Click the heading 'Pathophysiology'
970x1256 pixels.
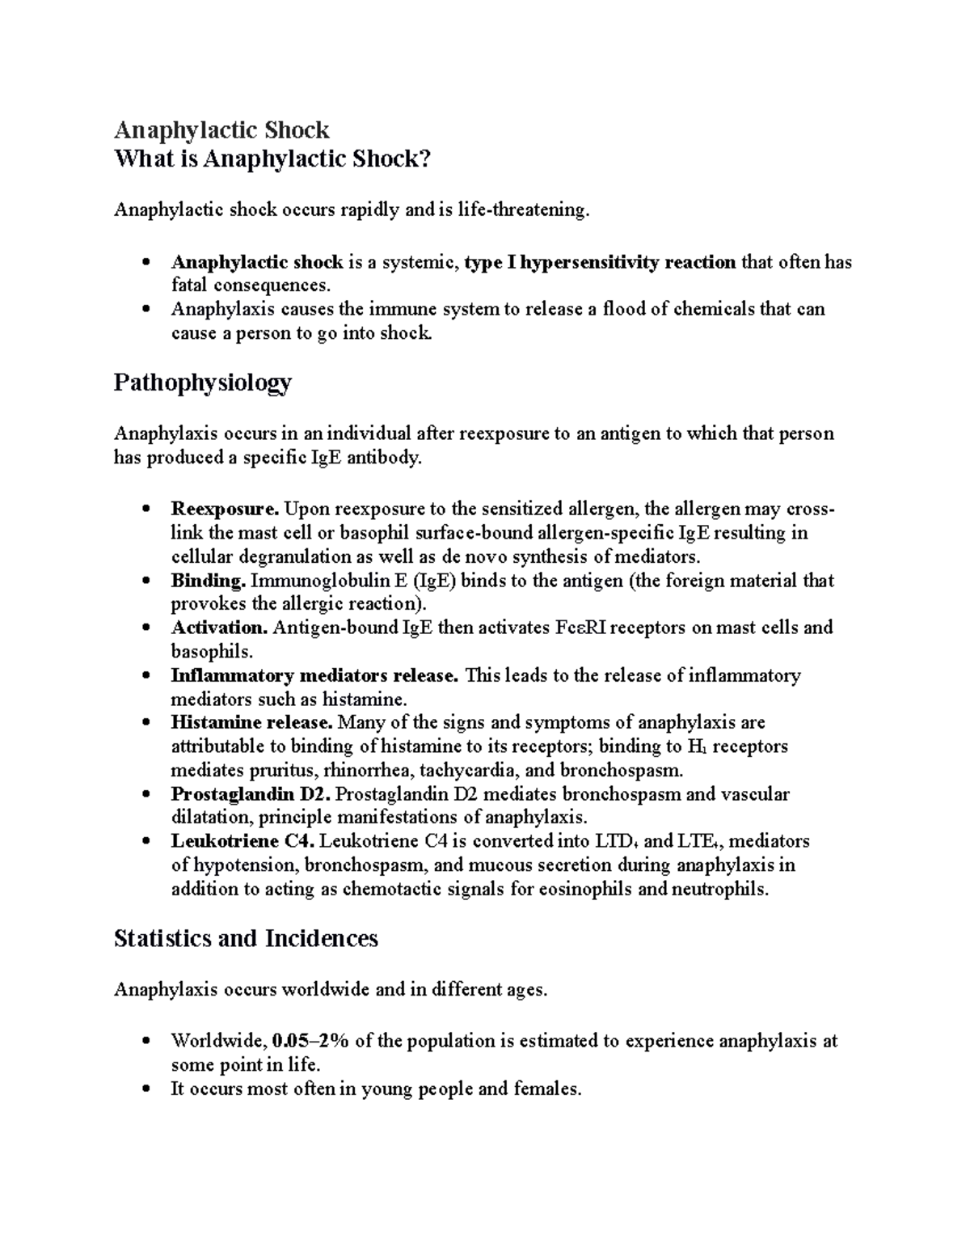point(202,383)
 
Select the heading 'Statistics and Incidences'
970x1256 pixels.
point(246,938)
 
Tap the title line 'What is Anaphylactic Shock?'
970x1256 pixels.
point(272,159)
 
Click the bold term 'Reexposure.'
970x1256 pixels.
point(225,510)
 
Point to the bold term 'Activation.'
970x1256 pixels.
point(219,628)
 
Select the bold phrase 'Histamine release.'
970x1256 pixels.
point(251,722)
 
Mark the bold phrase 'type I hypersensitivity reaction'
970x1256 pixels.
point(600,262)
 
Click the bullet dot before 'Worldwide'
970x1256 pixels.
point(145,1042)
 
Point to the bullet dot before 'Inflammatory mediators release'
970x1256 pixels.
point(145,676)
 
